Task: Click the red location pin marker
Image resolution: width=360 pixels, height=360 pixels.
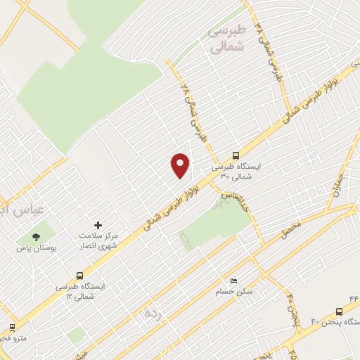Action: click(x=181, y=165)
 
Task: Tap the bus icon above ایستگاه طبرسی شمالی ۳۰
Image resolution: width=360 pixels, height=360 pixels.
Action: click(x=236, y=156)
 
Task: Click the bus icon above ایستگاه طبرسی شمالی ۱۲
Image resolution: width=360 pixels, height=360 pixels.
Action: click(x=79, y=276)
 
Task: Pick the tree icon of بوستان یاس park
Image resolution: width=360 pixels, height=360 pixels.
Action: click(x=36, y=236)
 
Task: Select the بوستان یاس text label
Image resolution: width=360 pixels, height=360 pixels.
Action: click(x=36, y=249)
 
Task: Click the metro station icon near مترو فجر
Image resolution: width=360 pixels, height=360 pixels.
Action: click(x=12, y=327)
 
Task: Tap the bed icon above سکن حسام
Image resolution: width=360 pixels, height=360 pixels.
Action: click(x=234, y=280)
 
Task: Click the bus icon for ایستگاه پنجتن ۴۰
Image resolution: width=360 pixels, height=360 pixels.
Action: click(x=340, y=310)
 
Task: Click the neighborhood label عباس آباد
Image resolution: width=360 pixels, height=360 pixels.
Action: click(x=21, y=208)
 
